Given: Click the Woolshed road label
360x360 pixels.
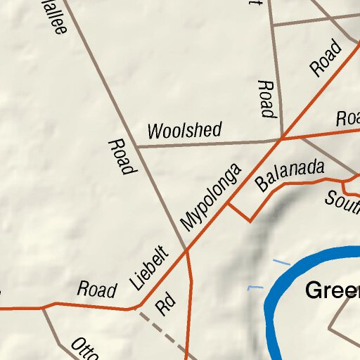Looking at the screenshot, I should tap(184, 130).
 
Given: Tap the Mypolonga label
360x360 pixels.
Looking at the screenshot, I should tap(210, 198).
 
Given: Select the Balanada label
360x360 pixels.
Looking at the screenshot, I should tap(290, 175).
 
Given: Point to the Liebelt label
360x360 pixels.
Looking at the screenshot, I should tap(150, 268).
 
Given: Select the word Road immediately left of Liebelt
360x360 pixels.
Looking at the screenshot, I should tap(97, 289).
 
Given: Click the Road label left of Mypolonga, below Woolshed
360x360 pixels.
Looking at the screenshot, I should tap(121, 157).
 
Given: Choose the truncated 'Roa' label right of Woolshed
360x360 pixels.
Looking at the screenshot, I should tap(348, 117).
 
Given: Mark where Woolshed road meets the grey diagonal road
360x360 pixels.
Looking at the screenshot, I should tap(136, 147).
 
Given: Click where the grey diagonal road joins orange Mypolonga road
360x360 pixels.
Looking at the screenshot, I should tap(186, 250).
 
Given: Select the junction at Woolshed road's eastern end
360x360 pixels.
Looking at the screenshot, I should tap(281, 139).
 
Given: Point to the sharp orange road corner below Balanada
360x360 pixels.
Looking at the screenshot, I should tap(250, 221).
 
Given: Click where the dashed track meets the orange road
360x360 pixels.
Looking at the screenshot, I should tap(138, 308).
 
